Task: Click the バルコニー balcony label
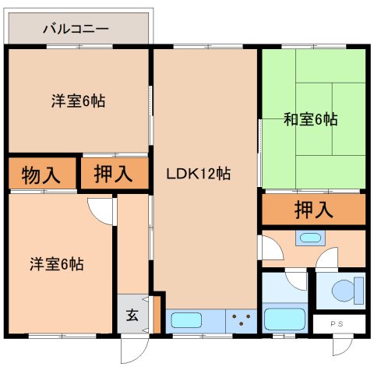click(76, 29)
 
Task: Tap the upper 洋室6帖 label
click(79, 101)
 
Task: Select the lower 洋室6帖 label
click(57, 263)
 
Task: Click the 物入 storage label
click(41, 175)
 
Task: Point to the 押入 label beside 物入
click(113, 174)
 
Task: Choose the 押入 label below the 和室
click(314, 209)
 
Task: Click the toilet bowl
click(344, 291)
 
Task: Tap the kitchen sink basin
click(186, 319)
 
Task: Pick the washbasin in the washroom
click(309, 238)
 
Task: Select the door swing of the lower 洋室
click(101, 210)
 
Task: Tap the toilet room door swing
click(326, 258)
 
